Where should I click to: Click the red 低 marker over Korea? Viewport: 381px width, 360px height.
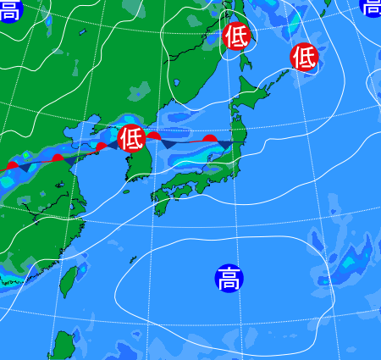(x=131, y=137)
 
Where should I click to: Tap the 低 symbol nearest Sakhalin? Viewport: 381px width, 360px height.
(x=237, y=36)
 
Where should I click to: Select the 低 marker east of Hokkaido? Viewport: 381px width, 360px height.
(x=304, y=57)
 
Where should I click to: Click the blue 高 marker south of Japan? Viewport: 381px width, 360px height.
(x=228, y=278)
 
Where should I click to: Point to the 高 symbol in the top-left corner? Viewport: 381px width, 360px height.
(x=8, y=9)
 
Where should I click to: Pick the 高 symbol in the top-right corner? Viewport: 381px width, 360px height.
(x=372, y=6)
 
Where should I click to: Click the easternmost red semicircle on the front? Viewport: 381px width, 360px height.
(x=210, y=137)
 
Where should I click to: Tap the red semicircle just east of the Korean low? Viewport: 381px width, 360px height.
(x=154, y=136)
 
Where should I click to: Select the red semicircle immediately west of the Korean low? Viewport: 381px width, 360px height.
(x=102, y=147)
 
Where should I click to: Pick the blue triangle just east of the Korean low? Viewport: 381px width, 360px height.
(x=169, y=143)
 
